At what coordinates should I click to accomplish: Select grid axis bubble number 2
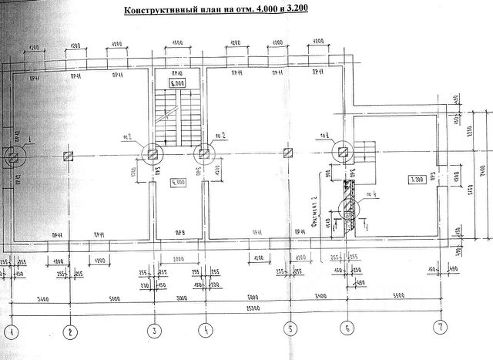71,331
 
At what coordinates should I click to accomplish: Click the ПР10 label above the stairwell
178,72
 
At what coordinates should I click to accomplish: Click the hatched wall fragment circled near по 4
348,207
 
